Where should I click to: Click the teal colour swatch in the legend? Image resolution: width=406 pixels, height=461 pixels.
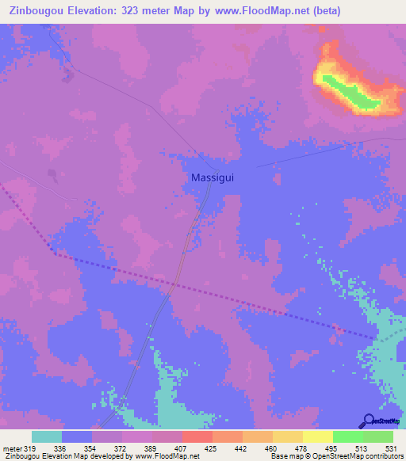pos(47,436)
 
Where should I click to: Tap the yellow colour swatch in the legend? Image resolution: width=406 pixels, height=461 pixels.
pos(317,436)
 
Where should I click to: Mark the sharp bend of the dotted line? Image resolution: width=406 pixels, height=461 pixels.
pos(54,253)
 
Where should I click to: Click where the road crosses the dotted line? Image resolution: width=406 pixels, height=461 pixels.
pos(173,282)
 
